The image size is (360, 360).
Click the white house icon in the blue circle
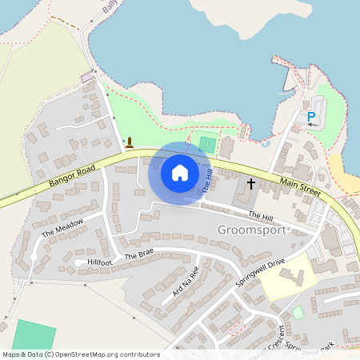pos(179,172)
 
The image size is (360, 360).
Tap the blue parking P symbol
pos(311,117)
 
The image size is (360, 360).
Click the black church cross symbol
pos(250,183)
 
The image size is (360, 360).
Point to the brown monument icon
pos(130,143)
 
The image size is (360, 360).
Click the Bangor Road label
pos(71,178)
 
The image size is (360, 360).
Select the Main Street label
pos(300,190)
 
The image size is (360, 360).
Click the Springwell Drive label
pos(261,273)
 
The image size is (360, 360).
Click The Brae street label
pos(138,253)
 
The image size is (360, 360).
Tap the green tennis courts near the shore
pos(207,145)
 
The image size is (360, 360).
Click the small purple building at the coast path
pos(87,77)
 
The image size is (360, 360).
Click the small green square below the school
pos(298,312)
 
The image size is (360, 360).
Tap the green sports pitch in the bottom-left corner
pos(34,336)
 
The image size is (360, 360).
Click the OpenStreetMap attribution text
pos(80,354)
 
